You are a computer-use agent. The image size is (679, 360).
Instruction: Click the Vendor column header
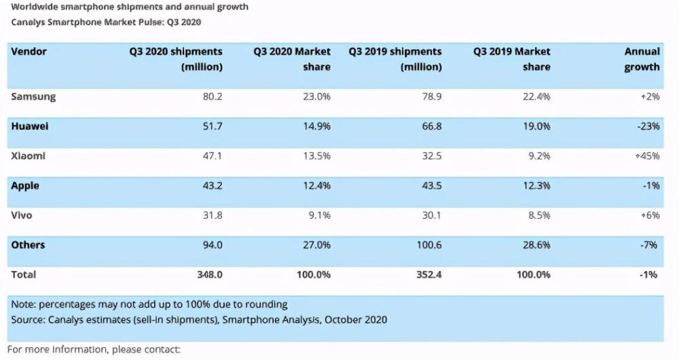[x=29, y=52]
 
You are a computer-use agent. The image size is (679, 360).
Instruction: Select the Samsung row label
[x=33, y=96]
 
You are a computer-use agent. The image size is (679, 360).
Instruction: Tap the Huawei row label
[x=29, y=126]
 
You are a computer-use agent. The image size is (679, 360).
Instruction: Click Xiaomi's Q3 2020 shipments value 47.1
[x=212, y=156]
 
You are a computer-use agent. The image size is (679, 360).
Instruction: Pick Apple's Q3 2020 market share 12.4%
[x=316, y=186]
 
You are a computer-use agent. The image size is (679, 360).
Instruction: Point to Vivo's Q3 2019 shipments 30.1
[x=431, y=216]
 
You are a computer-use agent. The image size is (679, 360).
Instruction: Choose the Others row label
[x=28, y=245]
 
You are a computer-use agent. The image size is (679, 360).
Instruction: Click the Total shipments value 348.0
[x=209, y=275]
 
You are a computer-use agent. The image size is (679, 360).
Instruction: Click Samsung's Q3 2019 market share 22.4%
[x=536, y=96]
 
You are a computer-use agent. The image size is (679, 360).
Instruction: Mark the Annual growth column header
[x=642, y=59]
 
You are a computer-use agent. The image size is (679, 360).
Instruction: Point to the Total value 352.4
[x=428, y=275]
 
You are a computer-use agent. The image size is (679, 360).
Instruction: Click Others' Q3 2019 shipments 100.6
[x=428, y=245]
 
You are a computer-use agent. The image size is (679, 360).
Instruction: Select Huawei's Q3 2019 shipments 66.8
[x=431, y=126]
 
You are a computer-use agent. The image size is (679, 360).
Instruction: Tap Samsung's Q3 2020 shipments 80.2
[x=212, y=96]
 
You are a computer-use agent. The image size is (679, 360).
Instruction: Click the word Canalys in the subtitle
[x=29, y=22]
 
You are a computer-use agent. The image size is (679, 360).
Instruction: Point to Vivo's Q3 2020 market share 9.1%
[x=319, y=216]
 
